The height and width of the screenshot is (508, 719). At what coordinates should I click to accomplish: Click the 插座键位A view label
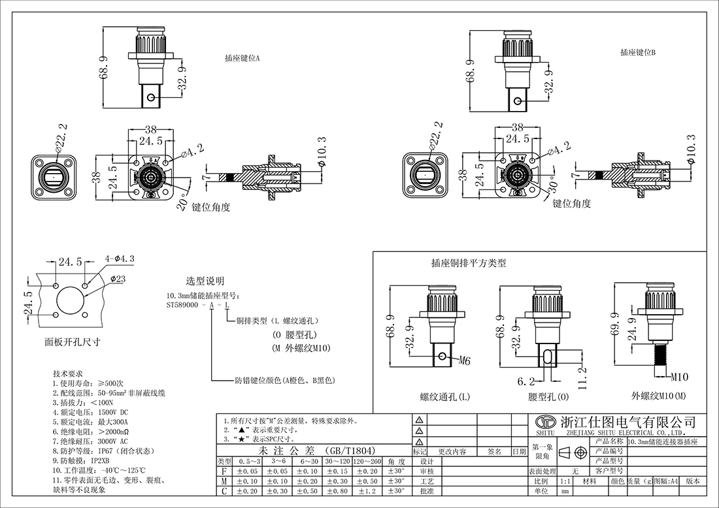tap(242, 58)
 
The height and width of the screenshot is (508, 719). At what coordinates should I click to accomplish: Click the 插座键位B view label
tap(638, 52)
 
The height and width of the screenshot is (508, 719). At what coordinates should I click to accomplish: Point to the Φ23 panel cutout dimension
tap(118, 279)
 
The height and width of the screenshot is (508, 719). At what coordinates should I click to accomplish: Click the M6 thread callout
tap(464, 360)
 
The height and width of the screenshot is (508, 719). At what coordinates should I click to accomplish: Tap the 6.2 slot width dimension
tap(527, 380)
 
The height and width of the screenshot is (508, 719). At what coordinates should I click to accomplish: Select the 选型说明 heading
tap(205, 281)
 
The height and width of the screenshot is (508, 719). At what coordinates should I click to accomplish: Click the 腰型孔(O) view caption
tap(548, 397)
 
